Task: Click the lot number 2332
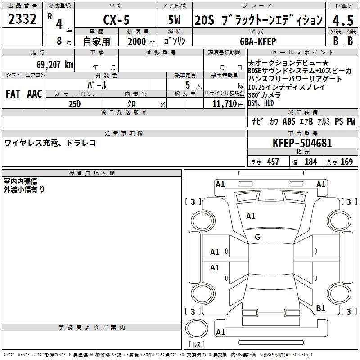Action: [x=22, y=19]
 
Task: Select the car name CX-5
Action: [x=117, y=20]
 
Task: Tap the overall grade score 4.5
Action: [x=343, y=20]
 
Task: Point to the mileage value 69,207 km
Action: [x=55, y=65]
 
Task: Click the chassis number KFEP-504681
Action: [x=302, y=143]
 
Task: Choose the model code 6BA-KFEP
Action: [x=258, y=41]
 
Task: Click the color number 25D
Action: [x=75, y=104]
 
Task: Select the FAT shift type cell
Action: [x=13, y=94]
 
